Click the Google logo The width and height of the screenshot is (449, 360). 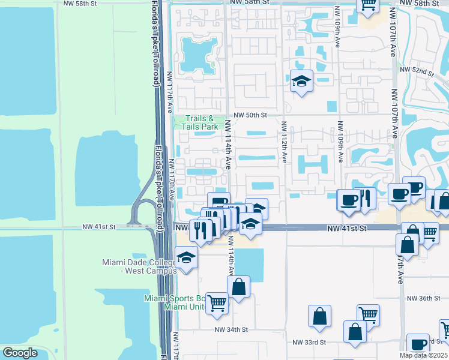point(20,353)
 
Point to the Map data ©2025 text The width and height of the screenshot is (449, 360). point(424,355)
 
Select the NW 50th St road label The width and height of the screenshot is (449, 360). point(250,115)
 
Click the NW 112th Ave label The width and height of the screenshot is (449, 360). point(283,142)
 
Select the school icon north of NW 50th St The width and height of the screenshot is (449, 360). point(301,81)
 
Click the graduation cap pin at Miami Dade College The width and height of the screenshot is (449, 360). point(187,259)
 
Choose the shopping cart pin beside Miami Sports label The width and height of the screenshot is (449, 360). point(217,303)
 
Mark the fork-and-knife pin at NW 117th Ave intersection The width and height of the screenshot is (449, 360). point(201,230)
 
